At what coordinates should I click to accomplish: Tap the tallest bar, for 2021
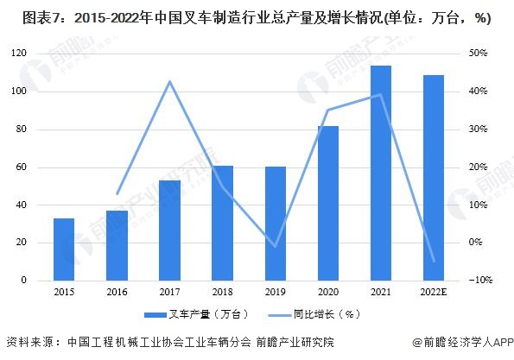click(381, 173)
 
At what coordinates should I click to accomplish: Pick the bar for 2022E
click(434, 178)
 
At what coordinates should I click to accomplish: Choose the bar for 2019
click(276, 224)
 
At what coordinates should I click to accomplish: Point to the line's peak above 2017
click(169, 82)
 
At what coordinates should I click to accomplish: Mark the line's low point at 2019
click(276, 246)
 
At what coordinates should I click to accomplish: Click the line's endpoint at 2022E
click(434, 261)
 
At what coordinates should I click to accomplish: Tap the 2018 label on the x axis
click(222, 293)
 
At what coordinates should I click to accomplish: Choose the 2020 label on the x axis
click(328, 293)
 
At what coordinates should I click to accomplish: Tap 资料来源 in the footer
click(29, 342)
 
